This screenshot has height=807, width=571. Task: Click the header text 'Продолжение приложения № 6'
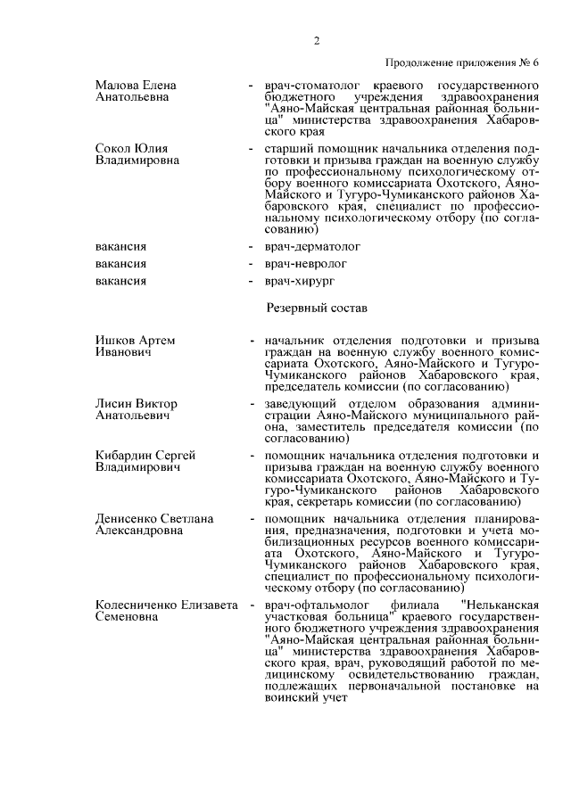coord(462,62)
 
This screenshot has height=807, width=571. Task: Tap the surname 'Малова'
coord(116,85)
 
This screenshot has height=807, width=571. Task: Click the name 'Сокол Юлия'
coord(132,148)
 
